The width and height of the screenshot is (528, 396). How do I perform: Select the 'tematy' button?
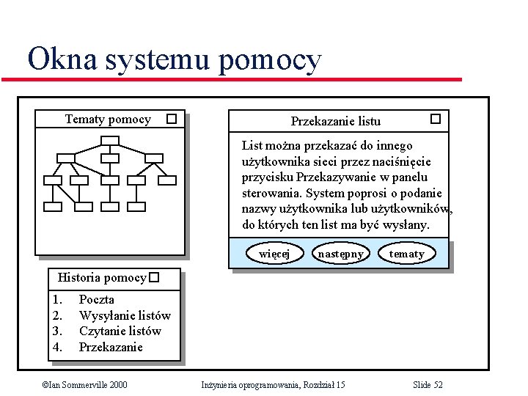pos(406,254)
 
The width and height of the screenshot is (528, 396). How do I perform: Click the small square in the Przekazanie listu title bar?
pos(435,118)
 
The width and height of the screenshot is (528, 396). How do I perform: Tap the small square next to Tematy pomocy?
pos(171,118)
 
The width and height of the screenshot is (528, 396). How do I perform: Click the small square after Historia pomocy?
pos(153,278)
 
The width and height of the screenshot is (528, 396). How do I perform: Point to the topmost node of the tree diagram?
pos(109,142)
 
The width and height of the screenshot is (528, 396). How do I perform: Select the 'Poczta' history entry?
pos(96,299)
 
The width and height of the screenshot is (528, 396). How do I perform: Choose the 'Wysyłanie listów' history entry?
pos(125,315)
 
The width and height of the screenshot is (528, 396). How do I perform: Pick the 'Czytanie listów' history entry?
pos(120,331)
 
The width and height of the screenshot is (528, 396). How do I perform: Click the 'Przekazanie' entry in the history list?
pos(111,347)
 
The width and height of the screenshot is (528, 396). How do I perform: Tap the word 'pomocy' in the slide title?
pos(269,60)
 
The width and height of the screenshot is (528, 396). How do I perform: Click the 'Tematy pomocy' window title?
pos(108,119)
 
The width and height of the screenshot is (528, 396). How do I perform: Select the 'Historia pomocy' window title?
pos(101,278)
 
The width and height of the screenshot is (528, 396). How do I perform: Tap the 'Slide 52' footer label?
pos(428,384)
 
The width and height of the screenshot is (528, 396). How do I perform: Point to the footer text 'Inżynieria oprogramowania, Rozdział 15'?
pos(273,384)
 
